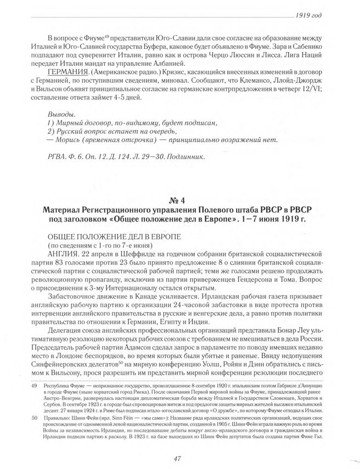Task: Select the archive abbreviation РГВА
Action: coord(58,157)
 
